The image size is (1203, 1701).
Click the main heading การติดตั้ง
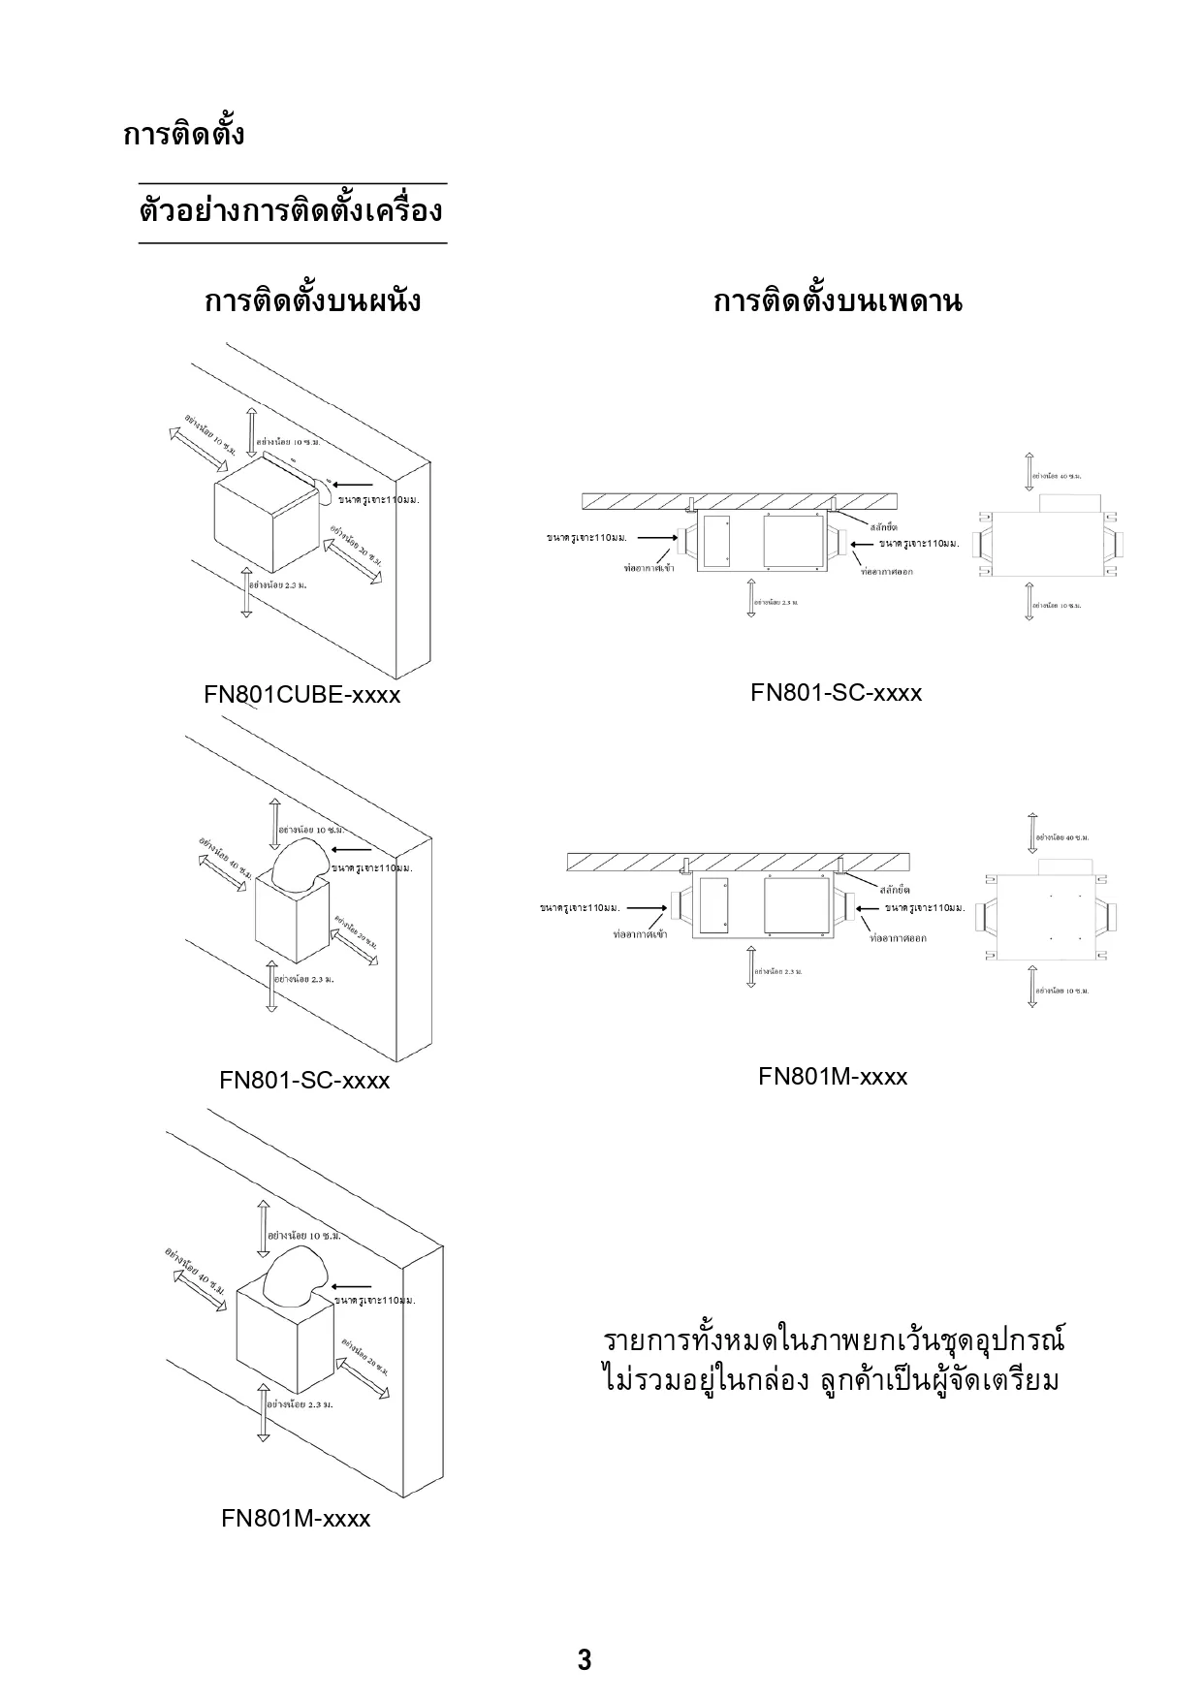pyautogui.click(x=183, y=134)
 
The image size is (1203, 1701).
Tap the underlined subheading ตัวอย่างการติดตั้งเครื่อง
pyautogui.click(x=291, y=211)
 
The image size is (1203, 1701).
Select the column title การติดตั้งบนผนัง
pyautogui.click(x=312, y=300)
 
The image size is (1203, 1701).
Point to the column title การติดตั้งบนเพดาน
pyautogui.click(x=838, y=301)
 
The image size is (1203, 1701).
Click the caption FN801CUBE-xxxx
pyautogui.click(x=301, y=695)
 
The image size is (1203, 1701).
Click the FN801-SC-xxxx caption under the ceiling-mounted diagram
pyautogui.click(x=836, y=693)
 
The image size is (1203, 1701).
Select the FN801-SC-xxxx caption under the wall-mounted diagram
pyautogui.click(x=304, y=1080)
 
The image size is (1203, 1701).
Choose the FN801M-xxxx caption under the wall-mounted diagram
pyautogui.click(x=296, y=1518)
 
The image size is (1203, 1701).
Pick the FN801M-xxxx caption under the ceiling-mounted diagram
pyautogui.click(x=833, y=1077)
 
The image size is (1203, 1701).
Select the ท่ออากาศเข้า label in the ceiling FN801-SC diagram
pyautogui.click(x=649, y=568)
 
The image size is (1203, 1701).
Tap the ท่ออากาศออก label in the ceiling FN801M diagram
pyautogui.click(x=898, y=938)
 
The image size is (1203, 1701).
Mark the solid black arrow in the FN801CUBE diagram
pyautogui.click(x=355, y=485)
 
